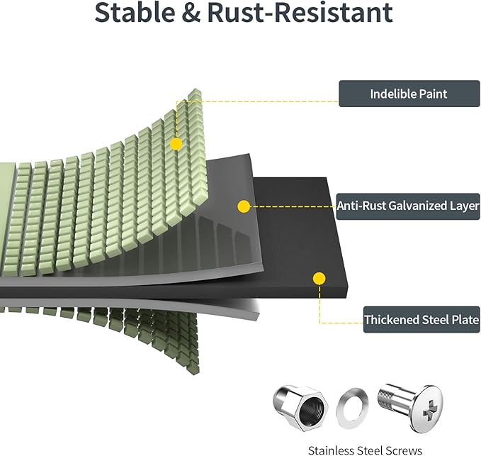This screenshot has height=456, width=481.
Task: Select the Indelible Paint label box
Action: pos(409,94)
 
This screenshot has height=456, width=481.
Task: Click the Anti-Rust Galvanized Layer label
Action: pos(408,206)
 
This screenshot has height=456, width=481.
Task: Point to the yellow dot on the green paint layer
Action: pos(176,144)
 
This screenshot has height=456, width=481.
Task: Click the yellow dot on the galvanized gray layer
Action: pos(244,207)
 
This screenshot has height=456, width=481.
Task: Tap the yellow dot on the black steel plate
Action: pos(319,279)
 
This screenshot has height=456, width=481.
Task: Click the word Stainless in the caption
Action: pos(332,450)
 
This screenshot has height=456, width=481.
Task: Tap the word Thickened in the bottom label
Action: pos(392,320)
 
